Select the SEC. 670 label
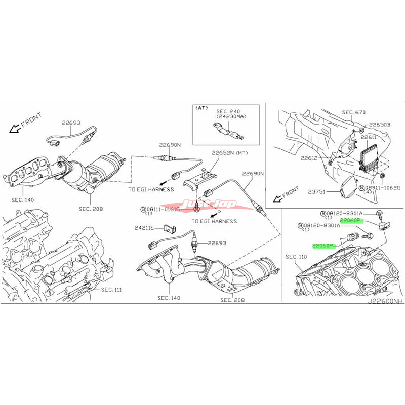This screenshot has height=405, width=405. [x=354, y=112]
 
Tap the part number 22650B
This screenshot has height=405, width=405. [x=380, y=124]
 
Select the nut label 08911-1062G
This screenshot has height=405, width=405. [x=380, y=188]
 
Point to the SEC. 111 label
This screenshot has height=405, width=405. [x=112, y=290]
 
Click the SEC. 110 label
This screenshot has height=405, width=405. [x=296, y=257]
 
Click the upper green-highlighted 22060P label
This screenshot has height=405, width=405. [x=351, y=221]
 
